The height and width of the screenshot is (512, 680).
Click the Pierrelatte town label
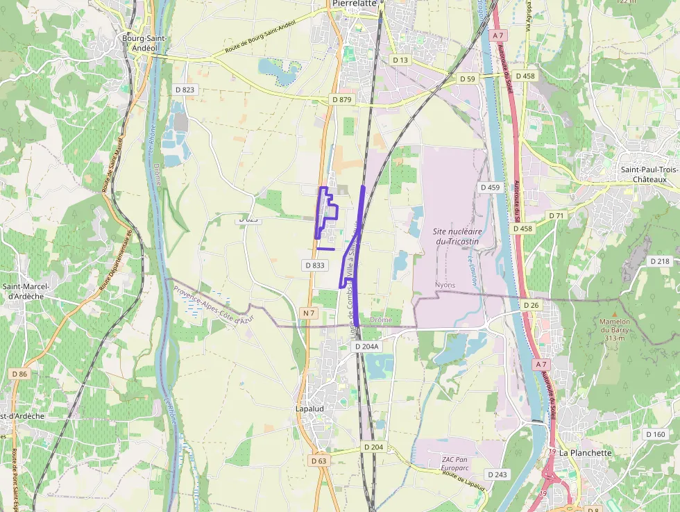pos(354,3)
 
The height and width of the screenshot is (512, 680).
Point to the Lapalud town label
pos(309,409)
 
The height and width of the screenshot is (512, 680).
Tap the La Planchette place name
pos(586,453)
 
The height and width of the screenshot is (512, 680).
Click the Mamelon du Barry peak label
pos(615,330)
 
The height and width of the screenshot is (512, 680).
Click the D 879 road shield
pos(342,99)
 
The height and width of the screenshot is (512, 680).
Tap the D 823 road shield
pos(185,89)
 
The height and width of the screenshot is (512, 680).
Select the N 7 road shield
pos(309,313)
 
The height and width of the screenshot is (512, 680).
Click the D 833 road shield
pos(314,265)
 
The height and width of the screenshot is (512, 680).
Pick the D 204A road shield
pos(366,346)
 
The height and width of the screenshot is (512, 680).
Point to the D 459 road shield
pos(490,188)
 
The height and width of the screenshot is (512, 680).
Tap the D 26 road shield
pos(531,305)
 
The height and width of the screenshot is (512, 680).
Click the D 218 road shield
pos(660,261)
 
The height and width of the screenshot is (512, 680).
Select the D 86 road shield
pos(20,374)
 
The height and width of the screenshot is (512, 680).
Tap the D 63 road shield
pos(318,461)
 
